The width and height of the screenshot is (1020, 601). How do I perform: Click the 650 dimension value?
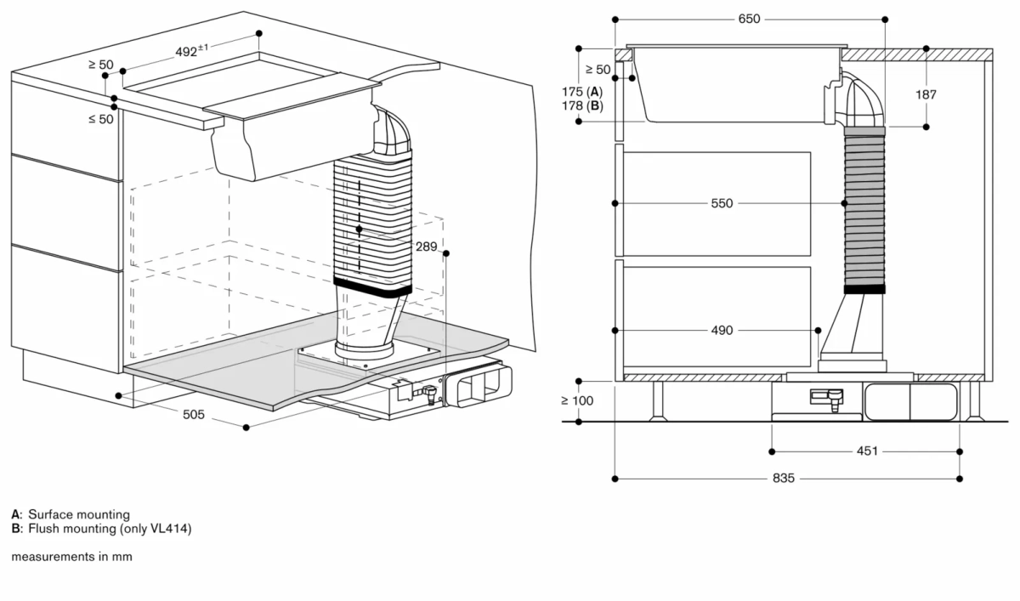(749, 19)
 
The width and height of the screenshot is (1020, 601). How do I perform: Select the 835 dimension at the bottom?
(784, 479)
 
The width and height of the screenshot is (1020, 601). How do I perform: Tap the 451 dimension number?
(867, 451)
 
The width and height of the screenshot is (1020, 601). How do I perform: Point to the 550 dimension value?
(722, 204)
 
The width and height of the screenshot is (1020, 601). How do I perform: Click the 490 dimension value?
(722, 331)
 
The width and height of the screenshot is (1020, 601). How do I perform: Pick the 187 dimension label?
(926, 94)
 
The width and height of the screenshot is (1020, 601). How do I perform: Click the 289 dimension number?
(427, 247)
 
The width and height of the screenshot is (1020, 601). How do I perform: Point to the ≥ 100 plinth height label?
(578, 400)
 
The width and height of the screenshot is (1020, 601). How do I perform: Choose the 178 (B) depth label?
(582, 105)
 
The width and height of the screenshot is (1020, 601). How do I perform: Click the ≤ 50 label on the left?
(100, 119)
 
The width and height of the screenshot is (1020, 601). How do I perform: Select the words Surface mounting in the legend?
(79, 514)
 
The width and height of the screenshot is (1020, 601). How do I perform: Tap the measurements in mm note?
(72, 557)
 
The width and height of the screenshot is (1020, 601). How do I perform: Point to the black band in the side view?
(864, 289)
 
